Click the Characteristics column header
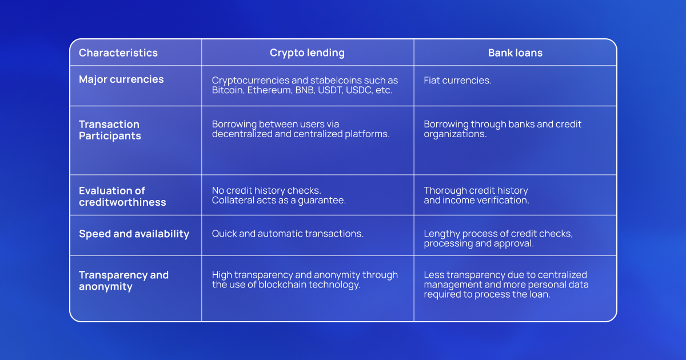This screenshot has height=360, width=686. click(118, 53)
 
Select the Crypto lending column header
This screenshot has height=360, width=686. click(307, 53)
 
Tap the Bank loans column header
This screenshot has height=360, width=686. click(516, 53)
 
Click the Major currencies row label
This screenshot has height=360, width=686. click(121, 79)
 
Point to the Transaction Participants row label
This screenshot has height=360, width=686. click(110, 130)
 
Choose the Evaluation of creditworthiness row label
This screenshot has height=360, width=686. click(122, 196)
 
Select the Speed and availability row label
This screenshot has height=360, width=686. click(134, 234)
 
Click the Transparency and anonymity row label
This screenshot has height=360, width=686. click(123, 281)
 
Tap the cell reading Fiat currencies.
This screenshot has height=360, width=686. click(457, 80)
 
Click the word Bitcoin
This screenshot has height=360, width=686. click(228, 90)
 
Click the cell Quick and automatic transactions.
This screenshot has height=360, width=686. click(288, 234)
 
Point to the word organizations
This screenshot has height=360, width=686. click(455, 134)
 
